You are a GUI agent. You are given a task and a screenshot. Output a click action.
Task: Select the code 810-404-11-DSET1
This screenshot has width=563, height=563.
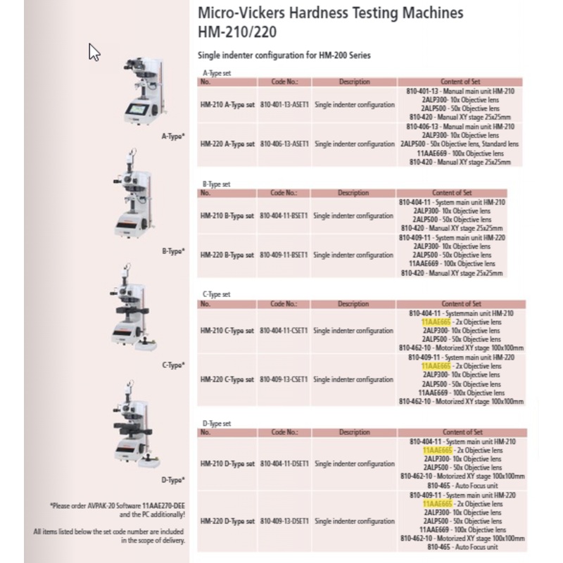[285, 464]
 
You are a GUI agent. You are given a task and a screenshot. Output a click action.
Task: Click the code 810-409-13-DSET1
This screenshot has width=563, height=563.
[285, 521]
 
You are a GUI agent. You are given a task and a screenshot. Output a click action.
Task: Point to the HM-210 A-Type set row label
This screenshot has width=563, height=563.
[227, 105]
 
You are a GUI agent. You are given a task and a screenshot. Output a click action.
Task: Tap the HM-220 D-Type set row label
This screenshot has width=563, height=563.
[227, 521]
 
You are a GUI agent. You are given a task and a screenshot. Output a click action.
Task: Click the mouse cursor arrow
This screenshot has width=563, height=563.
[94, 52]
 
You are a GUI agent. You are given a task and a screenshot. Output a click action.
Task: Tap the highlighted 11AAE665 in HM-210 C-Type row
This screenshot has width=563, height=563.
[436, 321]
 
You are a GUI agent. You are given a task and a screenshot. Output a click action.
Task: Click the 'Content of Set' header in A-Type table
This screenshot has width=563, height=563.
[461, 82]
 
